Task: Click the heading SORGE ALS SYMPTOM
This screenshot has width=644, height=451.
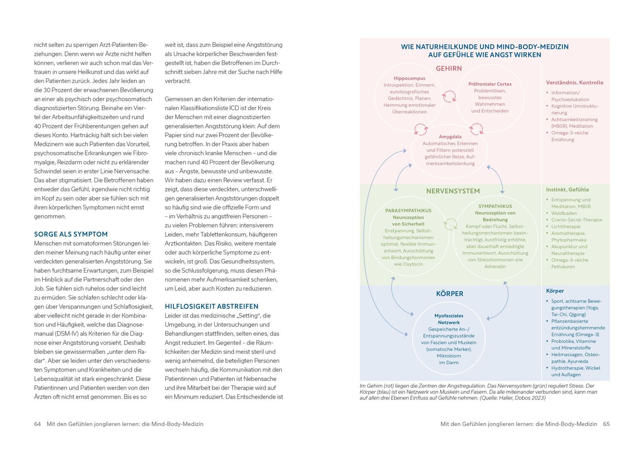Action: pyautogui.click(x=71, y=234)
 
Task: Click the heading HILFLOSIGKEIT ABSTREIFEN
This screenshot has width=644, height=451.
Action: pyautogui.click(x=212, y=306)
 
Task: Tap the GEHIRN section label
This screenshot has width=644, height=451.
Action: pyautogui.click(x=449, y=68)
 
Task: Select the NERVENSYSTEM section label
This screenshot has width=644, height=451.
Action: pyautogui.click(x=453, y=191)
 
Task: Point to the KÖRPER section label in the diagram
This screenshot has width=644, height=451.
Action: pyautogui.click(x=450, y=294)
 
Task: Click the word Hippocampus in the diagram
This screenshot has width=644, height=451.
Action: pyautogui.click(x=410, y=78)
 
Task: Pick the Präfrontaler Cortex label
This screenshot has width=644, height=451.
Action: pyautogui.click(x=490, y=84)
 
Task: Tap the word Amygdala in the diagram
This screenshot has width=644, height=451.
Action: pyautogui.click(x=450, y=137)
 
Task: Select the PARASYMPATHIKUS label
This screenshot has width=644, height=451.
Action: pyautogui.click(x=408, y=210)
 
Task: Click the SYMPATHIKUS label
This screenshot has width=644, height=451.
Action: pyautogui.click(x=495, y=206)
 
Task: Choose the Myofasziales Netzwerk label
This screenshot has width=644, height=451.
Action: pyautogui.click(x=449, y=319)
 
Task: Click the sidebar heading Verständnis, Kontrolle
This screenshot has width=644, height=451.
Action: pyautogui.click(x=574, y=82)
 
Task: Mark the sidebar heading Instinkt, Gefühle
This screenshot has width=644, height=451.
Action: pyautogui.click(x=567, y=189)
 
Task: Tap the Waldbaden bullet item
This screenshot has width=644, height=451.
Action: pyautogui.click(x=564, y=213)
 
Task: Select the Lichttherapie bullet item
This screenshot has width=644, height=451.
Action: pyautogui.click(x=566, y=226)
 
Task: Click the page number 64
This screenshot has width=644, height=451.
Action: pyautogui.click(x=37, y=424)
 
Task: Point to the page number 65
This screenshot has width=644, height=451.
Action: pyautogui.click(x=606, y=424)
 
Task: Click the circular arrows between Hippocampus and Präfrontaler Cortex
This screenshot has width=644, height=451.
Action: pyautogui.click(x=449, y=96)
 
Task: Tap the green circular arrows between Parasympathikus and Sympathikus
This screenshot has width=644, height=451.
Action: pyautogui.click(x=450, y=224)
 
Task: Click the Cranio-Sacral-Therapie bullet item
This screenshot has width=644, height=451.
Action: pyautogui.click(x=577, y=220)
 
